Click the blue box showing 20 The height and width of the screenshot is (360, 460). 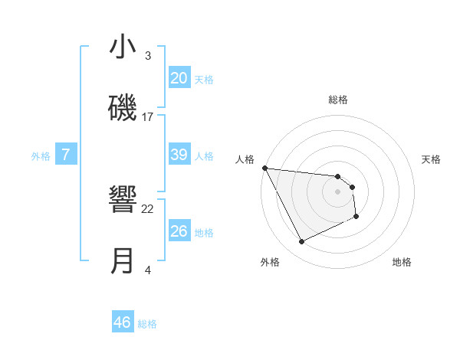[179, 77]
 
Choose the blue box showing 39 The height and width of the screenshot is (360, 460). [179, 155]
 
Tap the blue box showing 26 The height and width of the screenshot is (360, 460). [179, 231]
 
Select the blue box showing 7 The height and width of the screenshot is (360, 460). [66, 155]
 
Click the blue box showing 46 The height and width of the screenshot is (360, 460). [123, 322]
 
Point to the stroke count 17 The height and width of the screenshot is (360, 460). [148, 117]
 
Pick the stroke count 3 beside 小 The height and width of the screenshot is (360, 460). [148, 56]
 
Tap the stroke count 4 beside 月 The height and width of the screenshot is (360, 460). [148, 270]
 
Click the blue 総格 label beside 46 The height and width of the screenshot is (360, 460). [147, 324]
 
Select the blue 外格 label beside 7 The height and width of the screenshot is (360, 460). [41, 156]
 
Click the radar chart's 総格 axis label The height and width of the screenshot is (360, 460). [338, 100]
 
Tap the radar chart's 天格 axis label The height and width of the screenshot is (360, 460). [432, 159]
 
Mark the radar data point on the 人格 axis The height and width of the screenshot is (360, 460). [264, 168]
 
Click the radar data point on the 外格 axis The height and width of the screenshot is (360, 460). [301, 242]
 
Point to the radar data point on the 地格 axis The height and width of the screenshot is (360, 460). [356, 218]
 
